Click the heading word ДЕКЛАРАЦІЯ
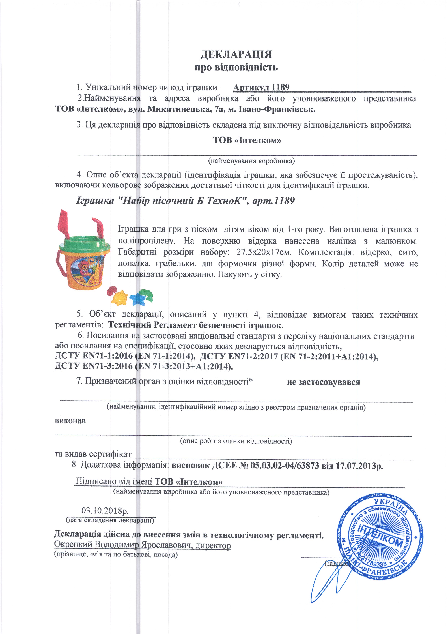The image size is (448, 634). (236, 54)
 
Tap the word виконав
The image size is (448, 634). (70, 421)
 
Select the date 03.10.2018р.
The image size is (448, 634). (105, 511)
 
